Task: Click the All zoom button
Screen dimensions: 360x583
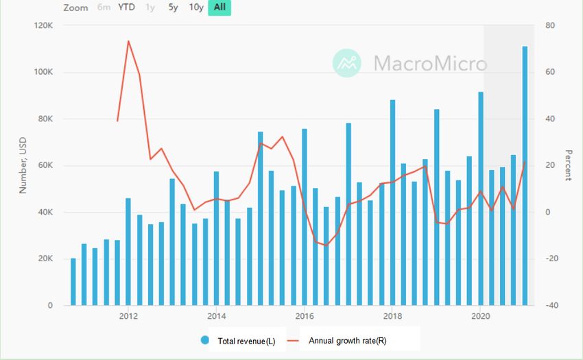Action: (219, 8)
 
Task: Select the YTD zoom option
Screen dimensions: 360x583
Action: (126, 8)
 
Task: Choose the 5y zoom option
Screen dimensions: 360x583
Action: (174, 8)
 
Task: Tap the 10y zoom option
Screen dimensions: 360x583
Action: (196, 8)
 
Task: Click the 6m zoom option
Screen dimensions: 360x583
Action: (104, 8)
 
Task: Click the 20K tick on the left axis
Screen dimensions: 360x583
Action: (45, 259)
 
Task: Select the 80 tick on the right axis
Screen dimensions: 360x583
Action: (550, 26)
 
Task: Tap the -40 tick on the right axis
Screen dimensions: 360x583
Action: (550, 306)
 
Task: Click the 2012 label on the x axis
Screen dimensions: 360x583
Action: (128, 316)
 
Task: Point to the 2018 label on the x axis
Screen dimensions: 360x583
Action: (392, 316)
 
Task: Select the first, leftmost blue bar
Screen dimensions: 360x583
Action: (73, 282)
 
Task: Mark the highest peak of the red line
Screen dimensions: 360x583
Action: (128, 41)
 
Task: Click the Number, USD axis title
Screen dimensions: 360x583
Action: (23, 165)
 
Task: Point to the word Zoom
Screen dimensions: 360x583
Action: (75, 8)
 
